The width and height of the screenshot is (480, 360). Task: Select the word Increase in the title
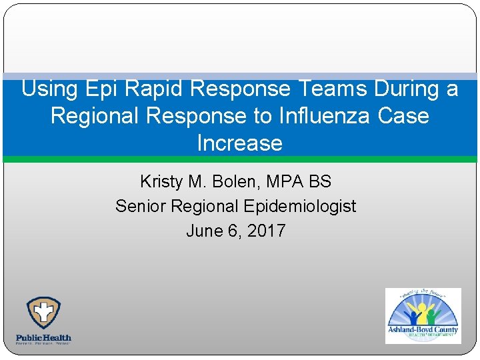(239, 143)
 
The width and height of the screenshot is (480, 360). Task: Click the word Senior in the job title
(141, 206)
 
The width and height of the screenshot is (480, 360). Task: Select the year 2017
(267, 231)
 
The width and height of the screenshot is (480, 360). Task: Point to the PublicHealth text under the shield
(43, 337)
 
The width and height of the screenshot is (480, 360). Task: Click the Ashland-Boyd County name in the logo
(423, 329)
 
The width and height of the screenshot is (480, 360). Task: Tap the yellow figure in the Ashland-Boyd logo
(421, 311)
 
